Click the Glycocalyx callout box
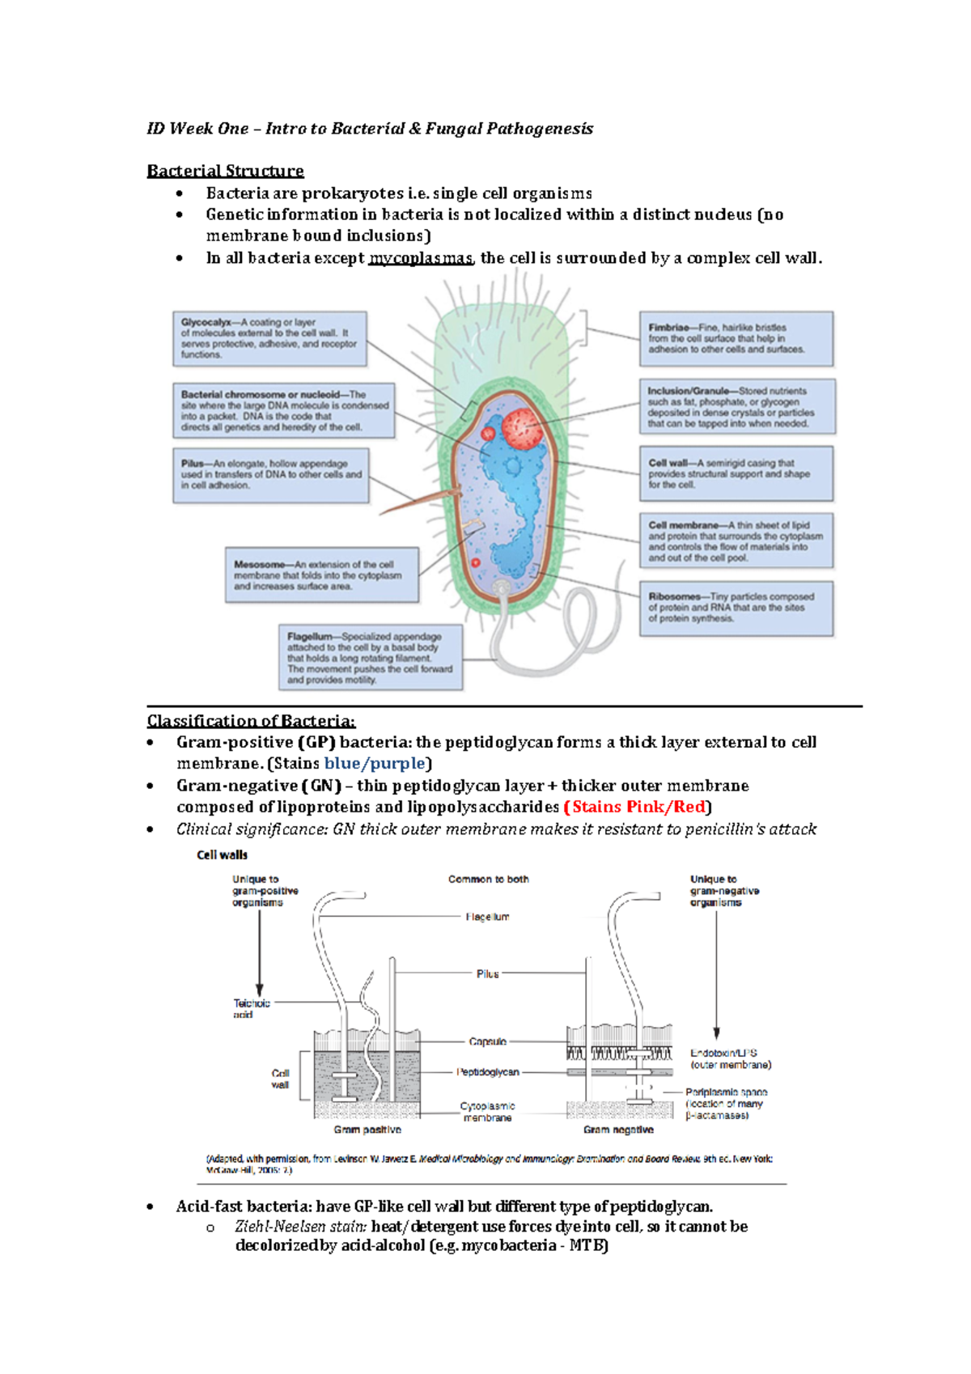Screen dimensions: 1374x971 click(x=269, y=338)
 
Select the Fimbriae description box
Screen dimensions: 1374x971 click(x=736, y=338)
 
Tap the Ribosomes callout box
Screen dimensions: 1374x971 click(x=736, y=608)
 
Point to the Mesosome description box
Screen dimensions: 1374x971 click(x=321, y=575)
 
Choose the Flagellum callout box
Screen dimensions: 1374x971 click(x=370, y=658)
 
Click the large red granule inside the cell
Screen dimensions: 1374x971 click(x=520, y=428)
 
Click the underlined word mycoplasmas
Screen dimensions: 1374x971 click(x=420, y=258)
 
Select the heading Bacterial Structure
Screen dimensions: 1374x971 click(x=225, y=171)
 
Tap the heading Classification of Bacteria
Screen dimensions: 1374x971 click(x=251, y=721)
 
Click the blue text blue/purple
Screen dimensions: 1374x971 click(x=374, y=763)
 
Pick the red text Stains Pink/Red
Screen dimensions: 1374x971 click(x=638, y=807)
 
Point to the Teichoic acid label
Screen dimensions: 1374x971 click(x=251, y=1008)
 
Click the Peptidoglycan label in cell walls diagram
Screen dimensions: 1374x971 click(x=488, y=1072)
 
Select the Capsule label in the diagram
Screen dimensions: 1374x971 click(x=487, y=1041)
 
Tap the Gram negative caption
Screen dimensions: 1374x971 click(x=618, y=1130)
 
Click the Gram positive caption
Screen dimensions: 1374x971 click(x=367, y=1130)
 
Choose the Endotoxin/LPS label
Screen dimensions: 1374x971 click(x=730, y=1058)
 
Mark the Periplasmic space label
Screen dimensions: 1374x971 click(x=726, y=1104)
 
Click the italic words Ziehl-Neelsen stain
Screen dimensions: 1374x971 click(x=300, y=1227)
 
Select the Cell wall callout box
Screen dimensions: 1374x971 click(x=736, y=473)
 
